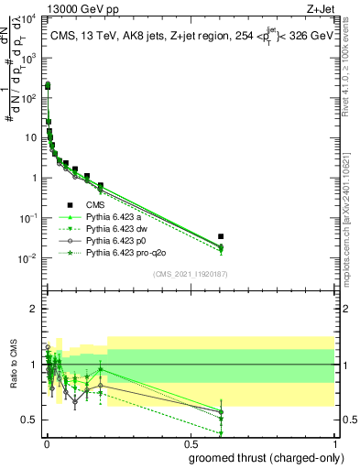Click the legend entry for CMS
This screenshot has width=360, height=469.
pyautogui.click(x=94, y=205)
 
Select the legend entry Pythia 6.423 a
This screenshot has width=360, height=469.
pyautogui.click(x=115, y=217)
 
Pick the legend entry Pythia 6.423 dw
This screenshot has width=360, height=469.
pyautogui.click(x=118, y=229)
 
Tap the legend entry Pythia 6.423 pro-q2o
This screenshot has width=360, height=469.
pyautogui.click(x=125, y=252)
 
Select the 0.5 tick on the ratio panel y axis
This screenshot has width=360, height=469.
pyautogui.click(x=30, y=420)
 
